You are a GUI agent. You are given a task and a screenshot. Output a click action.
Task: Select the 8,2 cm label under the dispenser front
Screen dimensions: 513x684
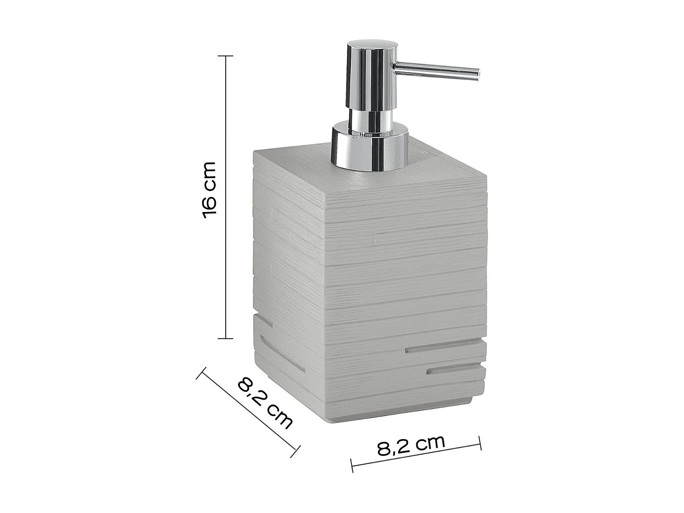click(411, 446)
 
